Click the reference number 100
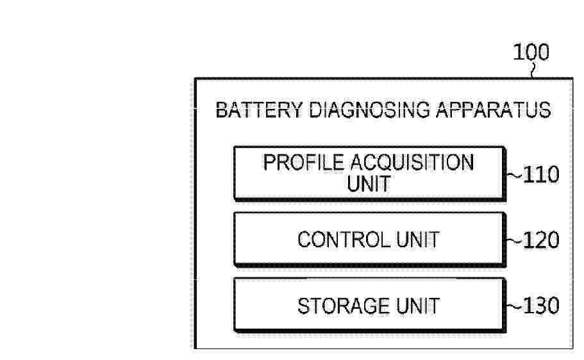click(531, 52)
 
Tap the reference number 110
click(541, 174)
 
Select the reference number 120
click(541, 240)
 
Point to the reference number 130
click(541, 306)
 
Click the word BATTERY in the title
click(259, 110)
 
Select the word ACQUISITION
click(412, 163)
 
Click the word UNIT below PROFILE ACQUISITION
click(369, 183)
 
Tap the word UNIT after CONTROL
click(418, 240)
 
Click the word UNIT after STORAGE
click(418, 306)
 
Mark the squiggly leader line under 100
click(534, 70)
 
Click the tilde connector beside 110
click(515, 176)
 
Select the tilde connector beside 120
click(515, 241)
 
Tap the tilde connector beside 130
click(515, 307)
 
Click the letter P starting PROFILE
click(269, 163)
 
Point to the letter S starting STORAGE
click(304, 306)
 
